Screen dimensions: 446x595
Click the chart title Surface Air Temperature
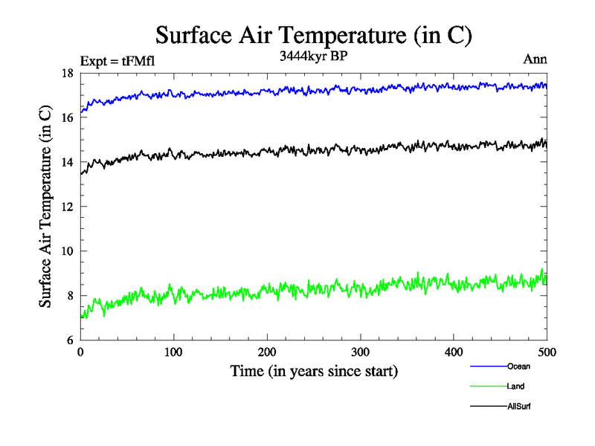point(314,35)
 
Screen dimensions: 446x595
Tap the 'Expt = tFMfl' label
point(118,62)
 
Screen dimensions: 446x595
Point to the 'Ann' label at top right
point(535,60)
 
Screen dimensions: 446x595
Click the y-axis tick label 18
point(66,73)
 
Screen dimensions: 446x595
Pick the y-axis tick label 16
point(66,117)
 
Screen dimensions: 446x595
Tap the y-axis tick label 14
point(66,162)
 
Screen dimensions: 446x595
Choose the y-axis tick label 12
point(66,207)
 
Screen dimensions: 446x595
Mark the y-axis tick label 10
point(66,251)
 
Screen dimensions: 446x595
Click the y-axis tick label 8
point(69,296)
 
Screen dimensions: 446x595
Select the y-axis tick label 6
point(69,340)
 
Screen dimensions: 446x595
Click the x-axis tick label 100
point(173,352)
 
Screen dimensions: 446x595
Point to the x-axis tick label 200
point(267,352)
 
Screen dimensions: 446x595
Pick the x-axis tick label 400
point(454,352)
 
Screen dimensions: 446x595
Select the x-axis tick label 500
point(547,352)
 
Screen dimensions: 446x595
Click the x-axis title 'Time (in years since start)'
point(314,371)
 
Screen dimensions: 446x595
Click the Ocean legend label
point(518,366)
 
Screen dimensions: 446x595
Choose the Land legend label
point(516,387)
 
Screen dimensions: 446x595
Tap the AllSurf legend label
point(518,407)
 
